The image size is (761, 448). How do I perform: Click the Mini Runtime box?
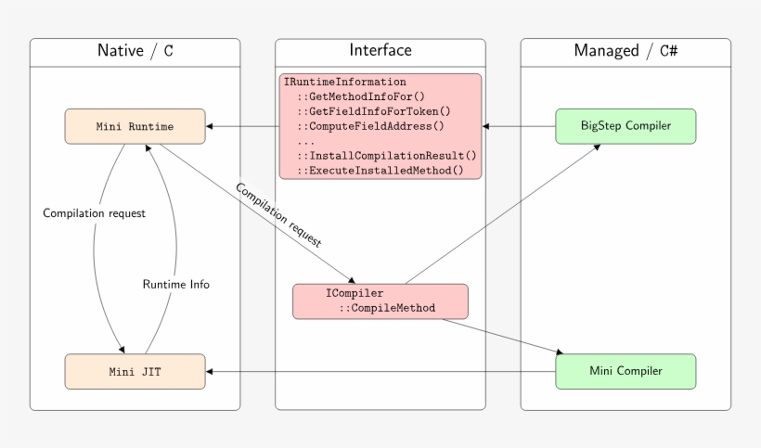click(x=135, y=126)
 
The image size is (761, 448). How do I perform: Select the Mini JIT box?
click(x=135, y=371)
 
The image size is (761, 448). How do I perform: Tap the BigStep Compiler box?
click(x=626, y=126)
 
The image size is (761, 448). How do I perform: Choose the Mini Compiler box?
click(x=626, y=371)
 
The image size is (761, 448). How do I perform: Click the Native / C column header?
click(x=135, y=51)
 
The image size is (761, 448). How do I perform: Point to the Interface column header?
click(x=380, y=51)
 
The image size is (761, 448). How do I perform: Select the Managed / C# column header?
click(x=626, y=51)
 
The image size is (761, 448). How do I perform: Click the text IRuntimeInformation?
click(x=345, y=83)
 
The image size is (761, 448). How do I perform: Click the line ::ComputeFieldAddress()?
click(x=370, y=127)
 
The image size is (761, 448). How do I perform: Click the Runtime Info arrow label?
click(x=176, y=285)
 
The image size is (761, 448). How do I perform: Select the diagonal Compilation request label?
click(x=278, y=214)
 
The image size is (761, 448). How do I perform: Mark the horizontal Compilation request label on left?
click(x=95, y=213)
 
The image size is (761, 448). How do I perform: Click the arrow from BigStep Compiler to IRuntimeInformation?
click(x=519, y=126)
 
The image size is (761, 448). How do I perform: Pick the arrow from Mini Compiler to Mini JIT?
click(x=380, y=371)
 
